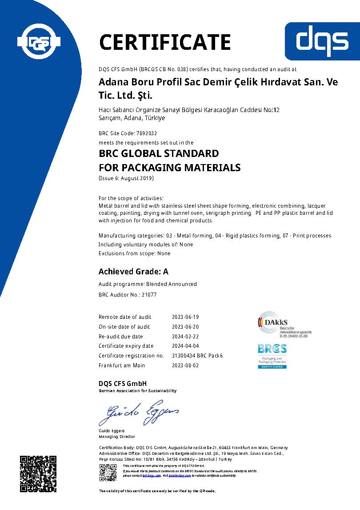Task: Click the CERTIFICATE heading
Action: click(164, 42)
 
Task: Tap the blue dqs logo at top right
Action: click(322, 41)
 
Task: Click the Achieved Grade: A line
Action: click(133, 271)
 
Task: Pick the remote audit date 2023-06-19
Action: click(185, 317)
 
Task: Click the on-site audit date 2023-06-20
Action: click(185, 327)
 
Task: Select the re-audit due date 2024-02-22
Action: click(185, 337)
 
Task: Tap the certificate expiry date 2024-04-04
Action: click(185, 346)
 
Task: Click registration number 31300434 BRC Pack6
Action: click(197, 356)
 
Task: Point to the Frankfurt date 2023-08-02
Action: click(185, 365)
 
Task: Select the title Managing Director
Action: click(116, 437)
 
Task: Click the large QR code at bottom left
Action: click(38, 473)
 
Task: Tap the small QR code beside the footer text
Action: click(108, 472)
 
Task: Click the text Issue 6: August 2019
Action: click(126, 178)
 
